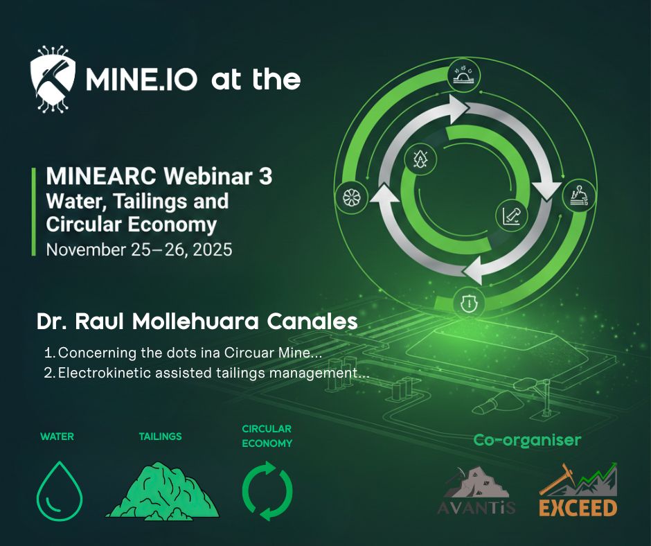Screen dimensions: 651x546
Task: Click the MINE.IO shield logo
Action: pyautogui.click(x=53, y=80)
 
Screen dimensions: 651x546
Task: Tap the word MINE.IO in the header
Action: pyautogui.click(x=141, y=80)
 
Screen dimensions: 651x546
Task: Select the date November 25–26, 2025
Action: pyautogui.click(x=139, y=249)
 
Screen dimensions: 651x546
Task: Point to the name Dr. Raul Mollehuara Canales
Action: pyautogui.click(x=197, y=322)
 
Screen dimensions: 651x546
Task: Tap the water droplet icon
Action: pyautogui.click(x=60, y=491)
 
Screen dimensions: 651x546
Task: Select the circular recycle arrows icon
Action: pyautogui.click(x=267, y=491)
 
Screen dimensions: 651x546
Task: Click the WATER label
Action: pyautogui.click(x=57, y=437)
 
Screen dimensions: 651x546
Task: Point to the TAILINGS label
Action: pyautogui.click(x=160, y=437)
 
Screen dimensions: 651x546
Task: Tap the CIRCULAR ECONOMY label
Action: pyautogui.click(x=267, y=436)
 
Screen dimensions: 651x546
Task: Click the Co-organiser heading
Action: pyautogui.click(x=527, y=440)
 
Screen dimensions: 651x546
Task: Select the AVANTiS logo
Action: pyautogui.click(x=476, y=491)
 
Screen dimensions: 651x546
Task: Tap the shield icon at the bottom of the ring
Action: pyautogui.click(x=469, y=303)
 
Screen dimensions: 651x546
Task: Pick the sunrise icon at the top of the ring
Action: pyautogui.click(x=465, y=75)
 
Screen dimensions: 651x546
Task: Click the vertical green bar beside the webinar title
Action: pyautogui.click(x=34, y=211)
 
